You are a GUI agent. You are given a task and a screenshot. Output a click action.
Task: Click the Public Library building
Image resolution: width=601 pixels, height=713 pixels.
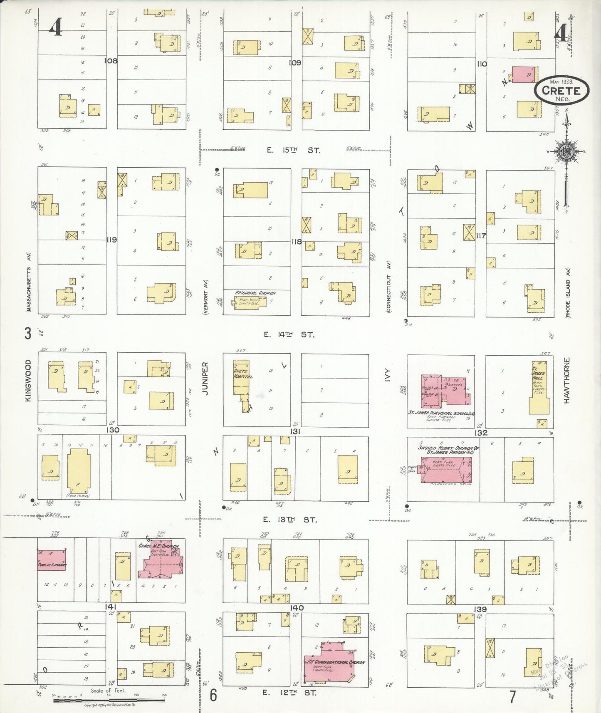click(52, 560)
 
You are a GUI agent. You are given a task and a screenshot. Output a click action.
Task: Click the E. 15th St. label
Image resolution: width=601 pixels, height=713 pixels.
click(293, 150)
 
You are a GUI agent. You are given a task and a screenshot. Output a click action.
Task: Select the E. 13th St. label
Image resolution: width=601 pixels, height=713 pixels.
click(290, 520)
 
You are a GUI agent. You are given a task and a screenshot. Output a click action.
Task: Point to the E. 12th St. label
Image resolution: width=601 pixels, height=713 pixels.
click(289, 693)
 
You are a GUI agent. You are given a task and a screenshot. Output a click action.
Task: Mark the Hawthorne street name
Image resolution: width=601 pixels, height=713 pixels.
click(567, 380)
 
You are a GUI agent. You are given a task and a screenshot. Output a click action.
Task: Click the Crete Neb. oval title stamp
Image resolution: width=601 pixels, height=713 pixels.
click(561, 90)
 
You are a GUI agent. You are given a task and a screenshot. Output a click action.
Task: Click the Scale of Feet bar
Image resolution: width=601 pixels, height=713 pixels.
click(109, 700)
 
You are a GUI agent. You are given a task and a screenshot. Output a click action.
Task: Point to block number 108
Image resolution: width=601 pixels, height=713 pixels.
click(111, 61)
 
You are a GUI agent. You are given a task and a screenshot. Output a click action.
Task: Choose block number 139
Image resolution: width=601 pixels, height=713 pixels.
click(480, 609)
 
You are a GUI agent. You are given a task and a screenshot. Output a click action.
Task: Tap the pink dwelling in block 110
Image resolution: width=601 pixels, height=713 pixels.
click(524, 74)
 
